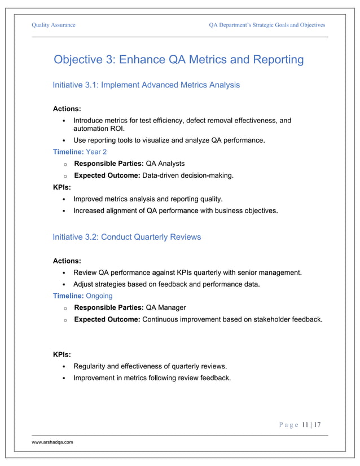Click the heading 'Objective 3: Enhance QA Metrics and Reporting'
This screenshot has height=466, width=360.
[x=178, y=60]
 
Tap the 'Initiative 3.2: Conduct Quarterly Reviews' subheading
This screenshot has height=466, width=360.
[x=126, y=237]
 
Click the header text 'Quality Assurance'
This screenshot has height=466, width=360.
[x=54, y=25]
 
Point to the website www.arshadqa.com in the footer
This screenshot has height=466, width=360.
[x=52, y=443]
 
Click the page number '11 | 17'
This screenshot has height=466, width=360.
[x=311, y=425]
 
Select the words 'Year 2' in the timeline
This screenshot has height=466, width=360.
[x=96, y=152]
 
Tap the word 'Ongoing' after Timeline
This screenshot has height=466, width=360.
[x=99, y=296]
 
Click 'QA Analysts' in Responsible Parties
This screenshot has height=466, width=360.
[x=165, y=164]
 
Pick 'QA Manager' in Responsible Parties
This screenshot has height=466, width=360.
[x=166, y=307]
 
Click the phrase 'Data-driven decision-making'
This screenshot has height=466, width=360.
[x=188, y=175]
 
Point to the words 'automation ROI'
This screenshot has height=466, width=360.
[x=99, y=129]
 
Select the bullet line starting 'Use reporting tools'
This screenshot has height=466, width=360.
[x=169, y=140]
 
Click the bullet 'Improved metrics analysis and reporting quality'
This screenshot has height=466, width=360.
[x=148, y=199]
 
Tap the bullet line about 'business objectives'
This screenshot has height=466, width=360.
[x=175, y=211]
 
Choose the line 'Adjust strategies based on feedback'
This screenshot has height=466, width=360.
[x=166, y=284]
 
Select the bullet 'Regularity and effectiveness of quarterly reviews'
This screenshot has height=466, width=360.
[x=150, y=366]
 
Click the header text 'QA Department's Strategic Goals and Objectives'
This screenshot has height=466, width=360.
[x=267, y=25]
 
